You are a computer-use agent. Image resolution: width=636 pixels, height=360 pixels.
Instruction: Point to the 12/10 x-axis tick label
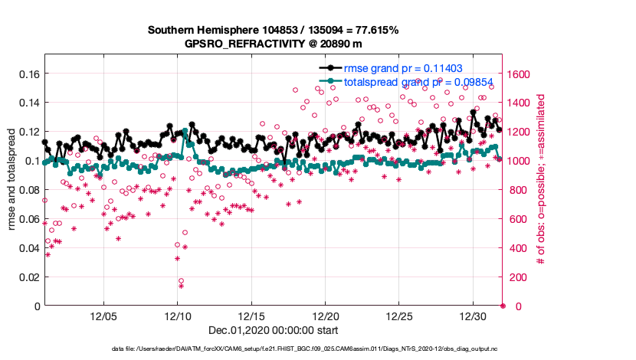click(x=177, y=316)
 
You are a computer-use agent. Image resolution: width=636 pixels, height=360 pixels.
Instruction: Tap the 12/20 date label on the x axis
click(x=326, y=316)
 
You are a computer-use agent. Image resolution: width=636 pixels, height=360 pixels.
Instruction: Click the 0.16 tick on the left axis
click(x=28, y=74)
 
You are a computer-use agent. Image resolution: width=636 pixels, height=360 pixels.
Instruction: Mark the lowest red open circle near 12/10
click(x=181, y=281)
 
